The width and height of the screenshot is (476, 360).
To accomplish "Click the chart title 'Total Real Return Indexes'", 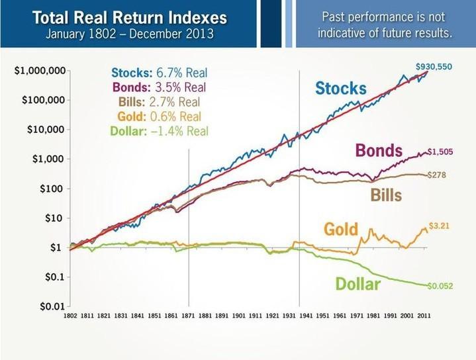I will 129,17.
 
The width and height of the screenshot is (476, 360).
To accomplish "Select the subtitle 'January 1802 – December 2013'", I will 129,33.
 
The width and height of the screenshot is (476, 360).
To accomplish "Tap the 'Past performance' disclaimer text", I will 385,24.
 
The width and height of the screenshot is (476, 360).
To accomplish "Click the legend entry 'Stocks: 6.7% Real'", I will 160,73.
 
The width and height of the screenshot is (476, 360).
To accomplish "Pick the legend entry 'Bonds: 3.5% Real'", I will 160,87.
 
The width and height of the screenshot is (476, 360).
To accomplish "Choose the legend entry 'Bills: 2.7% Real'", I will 160,102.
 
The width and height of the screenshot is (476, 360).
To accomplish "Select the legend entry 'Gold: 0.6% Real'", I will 160,116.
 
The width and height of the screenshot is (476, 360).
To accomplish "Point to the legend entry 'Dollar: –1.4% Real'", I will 160,131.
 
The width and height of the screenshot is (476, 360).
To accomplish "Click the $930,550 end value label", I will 434,67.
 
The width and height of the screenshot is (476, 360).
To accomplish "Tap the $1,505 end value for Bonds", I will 440,152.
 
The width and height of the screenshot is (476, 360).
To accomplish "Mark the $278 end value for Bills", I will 436,174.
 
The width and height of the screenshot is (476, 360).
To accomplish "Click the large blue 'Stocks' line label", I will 340,89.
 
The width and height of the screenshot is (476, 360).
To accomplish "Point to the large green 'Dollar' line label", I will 358,285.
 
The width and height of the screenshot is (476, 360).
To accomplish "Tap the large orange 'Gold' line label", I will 341,230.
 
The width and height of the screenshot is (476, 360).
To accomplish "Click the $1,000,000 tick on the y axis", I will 39,71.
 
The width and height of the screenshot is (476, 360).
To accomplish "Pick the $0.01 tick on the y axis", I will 50,306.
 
